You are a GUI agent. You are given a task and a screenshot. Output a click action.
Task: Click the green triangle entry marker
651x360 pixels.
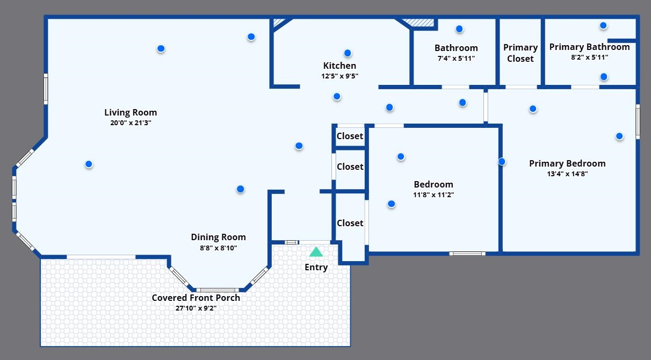(x=316, y=252)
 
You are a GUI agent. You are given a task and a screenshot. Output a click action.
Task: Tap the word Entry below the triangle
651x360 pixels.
(x=316, y=267)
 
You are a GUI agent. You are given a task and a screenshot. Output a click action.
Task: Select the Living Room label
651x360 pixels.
(x=131, y=112)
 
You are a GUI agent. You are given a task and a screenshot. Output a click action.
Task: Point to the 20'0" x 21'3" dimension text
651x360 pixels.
(x=131, y=123)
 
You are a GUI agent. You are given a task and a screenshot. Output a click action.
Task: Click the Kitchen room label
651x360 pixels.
(x=339, y=66)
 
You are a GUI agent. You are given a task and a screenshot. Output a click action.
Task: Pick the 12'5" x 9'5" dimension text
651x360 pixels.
(x=339, y=76)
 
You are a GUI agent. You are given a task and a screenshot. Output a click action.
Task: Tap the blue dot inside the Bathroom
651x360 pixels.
(x=459, y=29)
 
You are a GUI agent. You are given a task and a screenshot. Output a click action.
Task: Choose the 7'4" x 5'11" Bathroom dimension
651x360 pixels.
(x=456, y=58)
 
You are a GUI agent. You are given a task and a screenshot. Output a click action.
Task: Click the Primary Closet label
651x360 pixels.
(x=520, y=53)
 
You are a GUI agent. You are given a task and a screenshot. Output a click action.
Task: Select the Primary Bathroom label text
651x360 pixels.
(x=589, y=47)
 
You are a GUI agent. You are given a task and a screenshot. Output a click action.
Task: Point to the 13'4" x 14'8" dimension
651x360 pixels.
(x=567, y=174)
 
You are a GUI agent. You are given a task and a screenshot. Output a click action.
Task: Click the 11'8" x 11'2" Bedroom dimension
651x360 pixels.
(x=433, y=195)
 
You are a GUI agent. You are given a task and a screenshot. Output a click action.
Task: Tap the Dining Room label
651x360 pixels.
(x=218, y=237)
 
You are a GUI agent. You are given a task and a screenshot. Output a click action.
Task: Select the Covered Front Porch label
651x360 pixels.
(x=196, y=298)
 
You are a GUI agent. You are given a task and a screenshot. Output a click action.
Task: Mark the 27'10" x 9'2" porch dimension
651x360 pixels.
(x=196, y=308)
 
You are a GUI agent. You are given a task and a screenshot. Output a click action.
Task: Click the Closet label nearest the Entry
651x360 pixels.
(x=350, y=223)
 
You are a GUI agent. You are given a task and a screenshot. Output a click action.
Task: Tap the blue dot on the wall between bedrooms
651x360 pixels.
(x=502, y=161)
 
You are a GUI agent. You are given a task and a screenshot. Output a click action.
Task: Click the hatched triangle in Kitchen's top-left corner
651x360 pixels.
(x=279, y=23)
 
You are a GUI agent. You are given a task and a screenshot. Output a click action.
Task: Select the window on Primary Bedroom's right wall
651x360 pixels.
(x=638, y=121)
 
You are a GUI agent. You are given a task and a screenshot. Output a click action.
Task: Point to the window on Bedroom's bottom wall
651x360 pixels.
(x=467, y=253)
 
